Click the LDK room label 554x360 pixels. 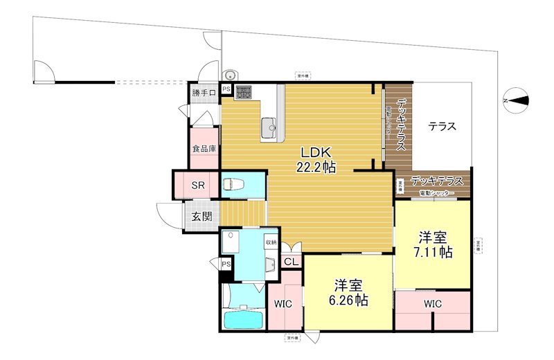coord(318,152)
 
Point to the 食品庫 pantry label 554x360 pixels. coord(204,149)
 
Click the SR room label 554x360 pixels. coord(197,186)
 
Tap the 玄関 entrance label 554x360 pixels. coord(202,215)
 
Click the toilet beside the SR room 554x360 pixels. coord(231,185)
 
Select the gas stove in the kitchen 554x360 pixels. coord(244,92)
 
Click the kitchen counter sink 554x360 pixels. coord(269,125)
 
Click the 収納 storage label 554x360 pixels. coord(270,242)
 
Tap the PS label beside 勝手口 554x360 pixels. coord(226,89)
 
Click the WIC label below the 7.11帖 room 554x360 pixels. coord(434,303)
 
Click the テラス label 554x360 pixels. coord(441,127)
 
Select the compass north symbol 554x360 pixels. coord(517,101)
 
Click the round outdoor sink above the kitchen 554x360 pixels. coord(230,75)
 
